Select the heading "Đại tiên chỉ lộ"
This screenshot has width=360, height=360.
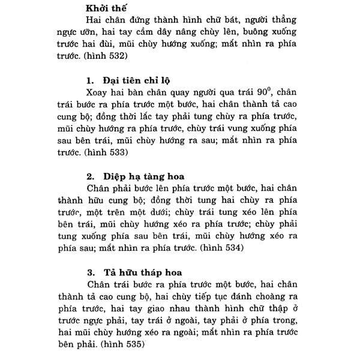[x=143, y=80]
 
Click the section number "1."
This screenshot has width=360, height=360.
[x=92, y=80]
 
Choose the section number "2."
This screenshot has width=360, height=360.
[x=92, y=176]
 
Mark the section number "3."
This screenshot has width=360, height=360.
[x=92, y=271]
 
